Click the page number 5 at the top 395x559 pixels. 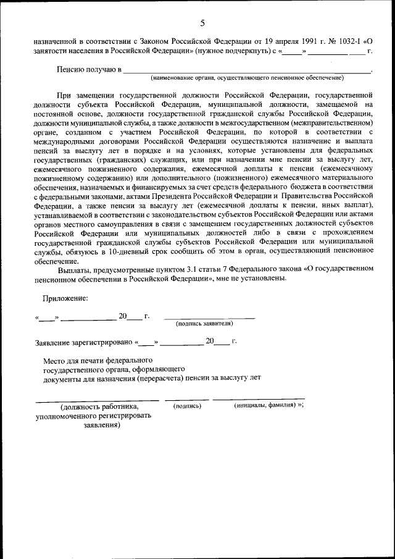tap(202, 23)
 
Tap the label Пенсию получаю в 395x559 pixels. tap(89, 71)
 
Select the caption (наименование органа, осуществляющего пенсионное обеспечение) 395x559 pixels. tap(247, 78)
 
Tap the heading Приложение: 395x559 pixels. tap(65, 298)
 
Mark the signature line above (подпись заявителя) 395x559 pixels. tap(209, 318)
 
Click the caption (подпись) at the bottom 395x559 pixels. tap(187, 406)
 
